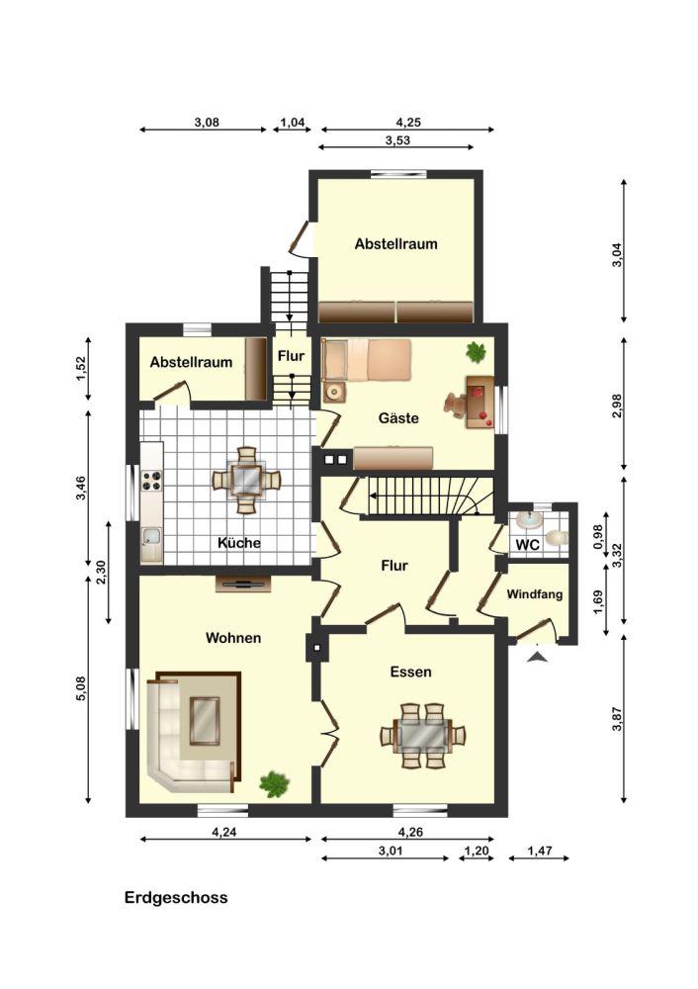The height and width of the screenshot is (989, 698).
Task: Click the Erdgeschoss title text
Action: (x=176, y=898)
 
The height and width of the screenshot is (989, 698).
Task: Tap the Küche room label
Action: (x=239, y=542)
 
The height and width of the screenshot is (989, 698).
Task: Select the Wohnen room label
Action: (x=233, y=638)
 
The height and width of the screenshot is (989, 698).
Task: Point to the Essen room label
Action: (x=410, y=672)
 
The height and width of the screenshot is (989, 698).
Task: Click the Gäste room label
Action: (x=398, y=417)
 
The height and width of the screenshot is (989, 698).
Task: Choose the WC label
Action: (x=527, y=544)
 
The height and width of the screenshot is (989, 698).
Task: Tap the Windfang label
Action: (x=535, y=594)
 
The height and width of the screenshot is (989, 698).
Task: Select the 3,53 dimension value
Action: (x=397, y=140)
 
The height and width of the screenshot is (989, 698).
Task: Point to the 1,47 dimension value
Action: (x=540, y=851)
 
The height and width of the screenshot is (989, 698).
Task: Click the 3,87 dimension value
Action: (x=617, y=719)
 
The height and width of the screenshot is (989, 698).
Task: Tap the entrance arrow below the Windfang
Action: (x=537, y=657)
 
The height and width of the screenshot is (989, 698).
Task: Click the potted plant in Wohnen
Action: (x=274, y=784)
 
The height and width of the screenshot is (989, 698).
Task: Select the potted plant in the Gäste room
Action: (x=477, y=352)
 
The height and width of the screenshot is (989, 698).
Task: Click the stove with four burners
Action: (x=152, y=481)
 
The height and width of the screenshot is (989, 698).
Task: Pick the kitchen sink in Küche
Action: (x=152, y=536)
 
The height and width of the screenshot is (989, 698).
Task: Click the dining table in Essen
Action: (x=423, y=735)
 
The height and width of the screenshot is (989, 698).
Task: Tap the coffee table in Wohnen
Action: (x=205, y=720)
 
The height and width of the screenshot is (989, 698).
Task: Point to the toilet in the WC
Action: (x=557, y=538)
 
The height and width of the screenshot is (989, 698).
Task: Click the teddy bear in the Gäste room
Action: (x=455, y=405)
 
